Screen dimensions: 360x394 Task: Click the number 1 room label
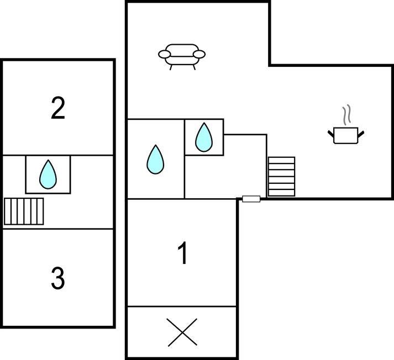pyautogui.click(x=182, y=254)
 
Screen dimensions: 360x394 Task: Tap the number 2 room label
pyautogui.click(x=57, y=108)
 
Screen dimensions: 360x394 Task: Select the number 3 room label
pyautogui.click(x=57, y=278)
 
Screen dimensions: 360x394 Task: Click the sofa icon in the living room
pyautogui.click(x=182, y=55)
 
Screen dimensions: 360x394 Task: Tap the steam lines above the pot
pyautogui.click(x=347, y=115)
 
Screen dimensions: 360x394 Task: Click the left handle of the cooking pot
pyautogui.click(x=332, y=132)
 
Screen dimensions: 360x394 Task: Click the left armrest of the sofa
pyautogui.click(x=164, y=54)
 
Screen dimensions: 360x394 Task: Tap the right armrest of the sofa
pyautogui.click(x=199, y=54)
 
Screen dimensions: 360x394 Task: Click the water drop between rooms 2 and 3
pyautogui.click(x=48, y=174)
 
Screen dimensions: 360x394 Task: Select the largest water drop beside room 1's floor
pyautogui.click(x=155, y=160)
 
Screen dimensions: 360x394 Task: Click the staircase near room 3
pyautogui.click(x=24, y=211)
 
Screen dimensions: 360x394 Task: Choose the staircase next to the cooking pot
pyautogui.click(x=281, y=176)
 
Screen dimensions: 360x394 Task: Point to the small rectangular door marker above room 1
pyautogui.click(x=251, y=199)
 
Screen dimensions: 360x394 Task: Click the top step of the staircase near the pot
pyautogui.click(x=281, y=160)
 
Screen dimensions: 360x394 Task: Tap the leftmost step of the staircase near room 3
pyautogui.click(x=7, y=211)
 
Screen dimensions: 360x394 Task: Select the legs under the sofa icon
pyautogui.click(x=182, y=67)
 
